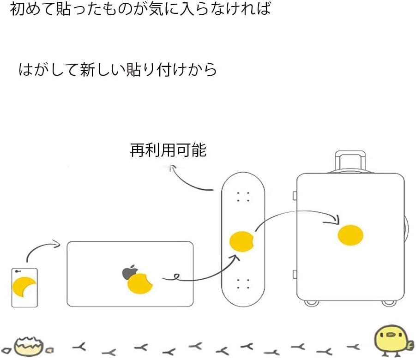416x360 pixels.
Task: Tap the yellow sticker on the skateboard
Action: (241, 241)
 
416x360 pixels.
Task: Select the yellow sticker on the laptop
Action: (140, 283)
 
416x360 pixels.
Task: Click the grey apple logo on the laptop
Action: (129, 272)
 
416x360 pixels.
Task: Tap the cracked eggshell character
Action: (28, 345)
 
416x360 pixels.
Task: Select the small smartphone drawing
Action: (24, 287)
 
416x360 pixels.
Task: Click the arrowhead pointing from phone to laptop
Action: (57, 244)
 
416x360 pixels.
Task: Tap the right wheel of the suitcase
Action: (389, 303)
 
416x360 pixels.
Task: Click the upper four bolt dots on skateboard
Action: (243, 197)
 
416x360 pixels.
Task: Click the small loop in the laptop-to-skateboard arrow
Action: (175, 277)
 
